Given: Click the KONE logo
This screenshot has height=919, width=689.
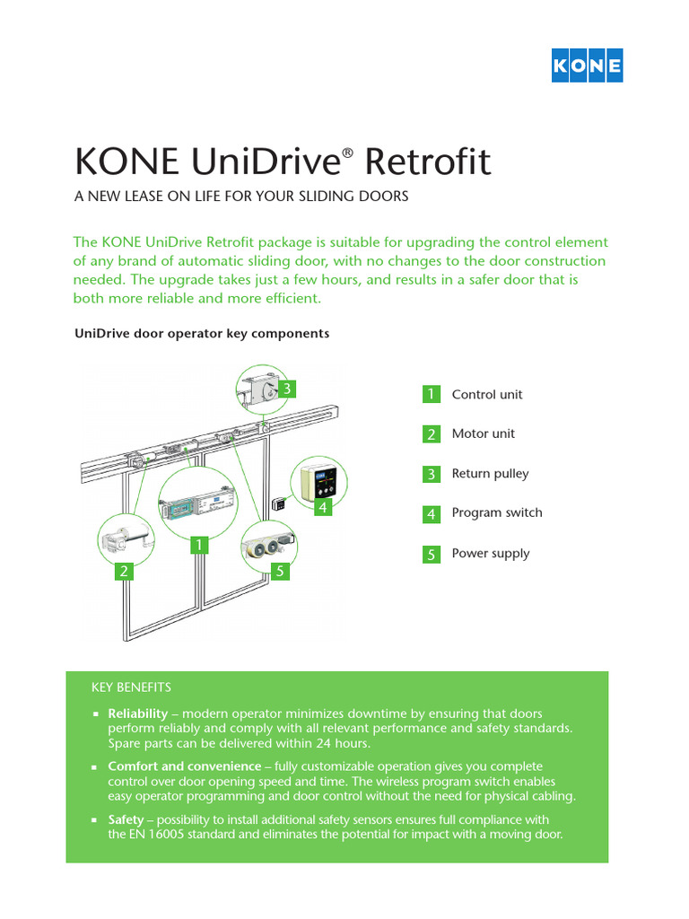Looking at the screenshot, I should point(587,66).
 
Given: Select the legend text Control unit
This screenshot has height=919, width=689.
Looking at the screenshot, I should point(487,395).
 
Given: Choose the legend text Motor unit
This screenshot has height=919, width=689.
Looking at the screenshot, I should point(484,434).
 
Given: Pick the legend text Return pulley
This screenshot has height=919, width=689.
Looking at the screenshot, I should point(490,474).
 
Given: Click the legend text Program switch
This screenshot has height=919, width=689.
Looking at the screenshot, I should point(497,513).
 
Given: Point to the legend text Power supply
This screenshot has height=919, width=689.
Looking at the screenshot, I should point(491,554).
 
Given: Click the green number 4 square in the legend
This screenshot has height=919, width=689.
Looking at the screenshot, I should point(432,514).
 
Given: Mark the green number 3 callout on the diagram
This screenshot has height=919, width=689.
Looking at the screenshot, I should point(286,389).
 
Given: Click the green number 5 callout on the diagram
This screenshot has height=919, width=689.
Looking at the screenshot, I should point(281,571).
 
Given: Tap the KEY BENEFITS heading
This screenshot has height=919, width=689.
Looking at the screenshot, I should point(131,687).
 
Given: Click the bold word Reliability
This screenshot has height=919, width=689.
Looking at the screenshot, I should point(138,713).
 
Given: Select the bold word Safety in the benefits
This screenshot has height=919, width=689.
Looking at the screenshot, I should point(126,820).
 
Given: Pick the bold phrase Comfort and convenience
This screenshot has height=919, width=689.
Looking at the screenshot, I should point(185,766).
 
